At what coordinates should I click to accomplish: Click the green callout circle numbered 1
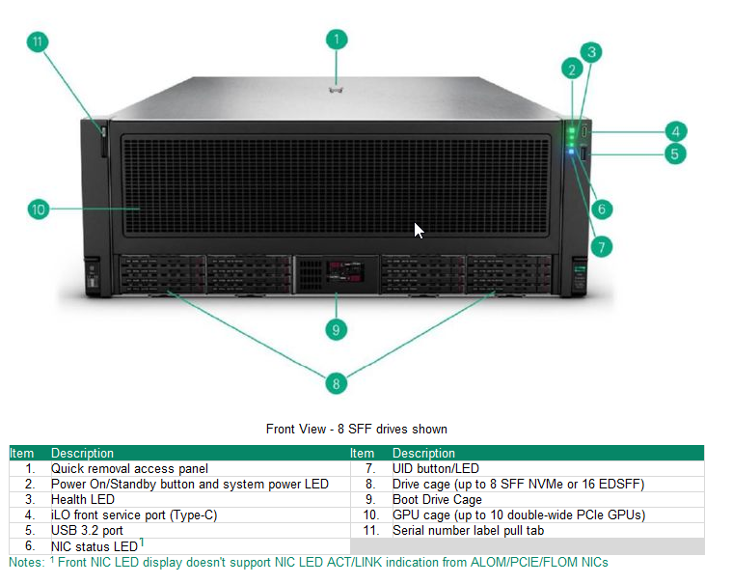click(x=336, y=40)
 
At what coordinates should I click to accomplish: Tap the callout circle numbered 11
click(x=38, y=42)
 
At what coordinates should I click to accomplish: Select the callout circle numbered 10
click(x=38, y=209)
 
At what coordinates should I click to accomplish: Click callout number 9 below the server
click(x=336, y=329)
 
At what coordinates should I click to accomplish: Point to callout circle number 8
click(x=336, y=383)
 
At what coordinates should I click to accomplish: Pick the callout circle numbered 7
click(x=602, y=247)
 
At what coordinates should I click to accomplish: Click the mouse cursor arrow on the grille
click(x=418, y=230)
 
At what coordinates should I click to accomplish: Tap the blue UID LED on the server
click(x=573, y=151)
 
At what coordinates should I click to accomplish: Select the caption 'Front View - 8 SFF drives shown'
click(x=356, y=429)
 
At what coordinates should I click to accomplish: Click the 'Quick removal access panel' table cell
click(x=129, y=468)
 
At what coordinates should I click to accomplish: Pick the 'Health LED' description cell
click(x=82, y=499)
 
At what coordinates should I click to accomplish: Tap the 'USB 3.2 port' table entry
click(x=87, y=530)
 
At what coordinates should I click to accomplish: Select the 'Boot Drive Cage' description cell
click(x=437, y=499)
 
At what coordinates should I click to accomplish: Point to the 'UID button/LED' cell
click(x=435, y=468)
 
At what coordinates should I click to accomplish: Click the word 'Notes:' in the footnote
click(x=26, y=562)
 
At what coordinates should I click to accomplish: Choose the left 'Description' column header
click(x=82, y=453)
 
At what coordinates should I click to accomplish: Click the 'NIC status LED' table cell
click(x=95, y=546)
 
